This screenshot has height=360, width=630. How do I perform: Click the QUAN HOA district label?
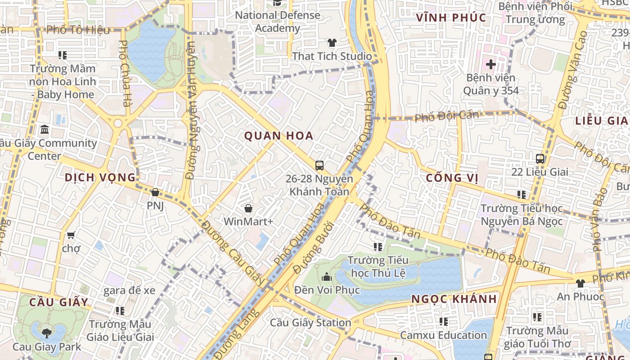click(x=279, y=135)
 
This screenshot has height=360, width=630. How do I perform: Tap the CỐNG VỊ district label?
click(x=452, y=178)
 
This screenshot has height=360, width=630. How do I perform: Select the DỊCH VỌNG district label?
click(x=100, y=177)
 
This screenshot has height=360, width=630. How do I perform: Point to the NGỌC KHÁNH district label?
click(x=454, y=299)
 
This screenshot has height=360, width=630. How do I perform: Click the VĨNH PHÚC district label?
click(x=451, y=18)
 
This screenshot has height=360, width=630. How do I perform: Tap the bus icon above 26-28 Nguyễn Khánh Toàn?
click(x=319, y=165)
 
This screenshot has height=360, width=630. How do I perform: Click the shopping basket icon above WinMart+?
click(x=248, y=208)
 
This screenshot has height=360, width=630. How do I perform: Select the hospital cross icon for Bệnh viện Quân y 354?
click(x=490, y=64)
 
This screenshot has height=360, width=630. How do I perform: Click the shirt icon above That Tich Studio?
click(x=332, y=43)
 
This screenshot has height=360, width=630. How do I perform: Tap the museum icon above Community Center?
click(x=45, y=130)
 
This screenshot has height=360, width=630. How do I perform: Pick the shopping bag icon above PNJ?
click(x=155, y=193)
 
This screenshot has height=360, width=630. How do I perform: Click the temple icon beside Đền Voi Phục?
click(x=327, y=276)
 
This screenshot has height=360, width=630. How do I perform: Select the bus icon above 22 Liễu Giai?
click(x=540, y=158)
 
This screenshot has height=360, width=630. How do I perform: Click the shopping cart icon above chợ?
click(x=71, y=235)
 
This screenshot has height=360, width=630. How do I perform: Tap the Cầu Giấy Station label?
click(x=310, y=323)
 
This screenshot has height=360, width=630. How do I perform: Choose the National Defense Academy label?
click(x=278, y=22)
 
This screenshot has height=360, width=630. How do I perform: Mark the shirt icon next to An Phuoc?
click(x=580, y=283)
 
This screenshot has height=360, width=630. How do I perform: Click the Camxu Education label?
click(x=443, y=335)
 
